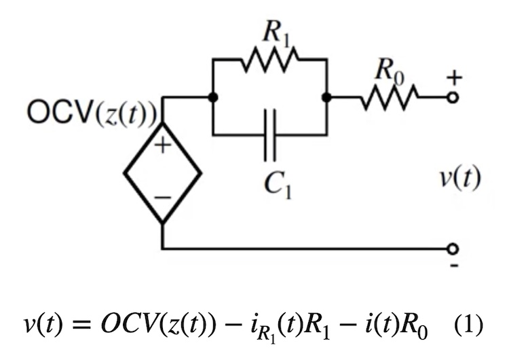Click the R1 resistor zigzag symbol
pos(269,60)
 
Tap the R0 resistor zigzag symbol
pos(390,97)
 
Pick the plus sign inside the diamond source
pos(162,147)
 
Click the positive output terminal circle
pos(454,97)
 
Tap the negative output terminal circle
pos(454,248)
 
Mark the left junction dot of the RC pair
pos(213,97)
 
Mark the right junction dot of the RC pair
pos(326,97)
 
